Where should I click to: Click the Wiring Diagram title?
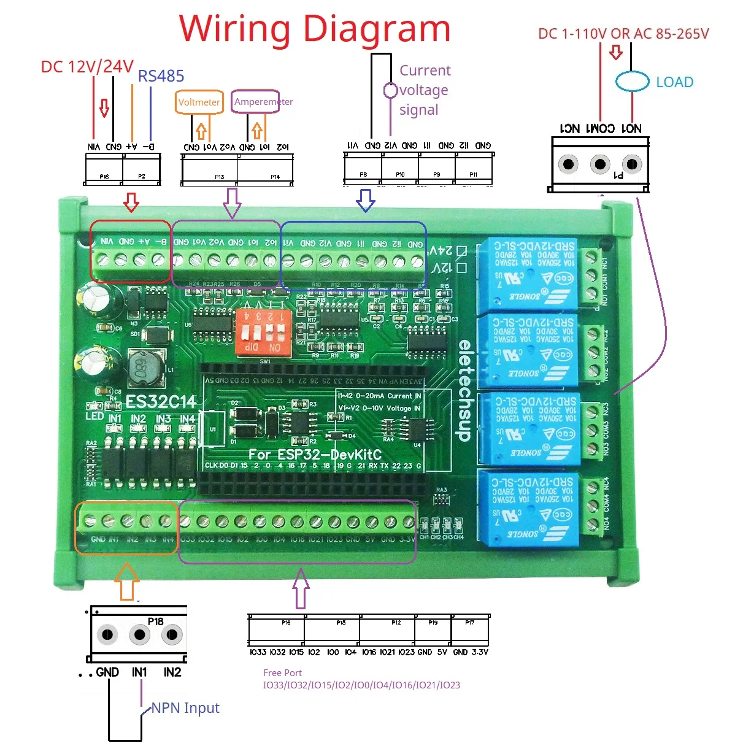pyautogui.click(x=314, y=29)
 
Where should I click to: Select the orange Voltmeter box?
pyautogui.click(x=199, y=102)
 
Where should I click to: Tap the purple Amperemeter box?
pyautogui.click(x=256, y=101)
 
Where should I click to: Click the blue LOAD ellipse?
pyautogui.click(x=632, y=82)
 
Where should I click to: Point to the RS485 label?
pyautogui.click(x=161, y=76)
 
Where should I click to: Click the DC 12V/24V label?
pyautogui.click(x=87, y=66)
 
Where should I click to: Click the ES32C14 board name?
pyautogui.click(x=161, y=402)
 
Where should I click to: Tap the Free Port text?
pyautogui.click(x=282, y=672)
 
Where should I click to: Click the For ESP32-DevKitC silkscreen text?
pyautogui.click(x=315, y=455)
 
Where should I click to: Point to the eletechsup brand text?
pyautogui.click(x=464, y=390)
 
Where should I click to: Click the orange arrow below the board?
pyautogui.click(x=127, y=582)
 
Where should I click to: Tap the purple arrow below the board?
pyautogui.click(x=301, y=587)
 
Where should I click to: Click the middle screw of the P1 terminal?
pyautogui.click(x=599, y=164)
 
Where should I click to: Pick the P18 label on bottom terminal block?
pyautogui.click(x=156, y=622)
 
